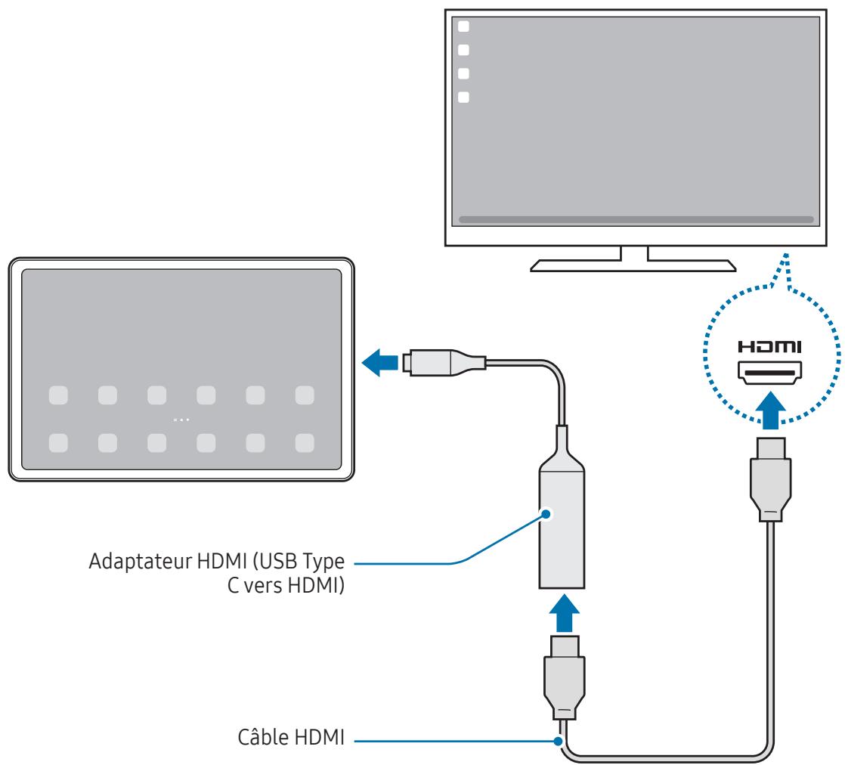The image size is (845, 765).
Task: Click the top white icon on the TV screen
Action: tap(464, 26)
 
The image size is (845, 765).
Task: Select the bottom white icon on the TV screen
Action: tap(464, 97)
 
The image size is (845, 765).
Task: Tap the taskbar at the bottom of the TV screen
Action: tap(636, 219)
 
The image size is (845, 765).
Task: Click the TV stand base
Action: tap(633, 264)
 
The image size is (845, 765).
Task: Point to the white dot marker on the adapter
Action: tap(546, 513)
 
